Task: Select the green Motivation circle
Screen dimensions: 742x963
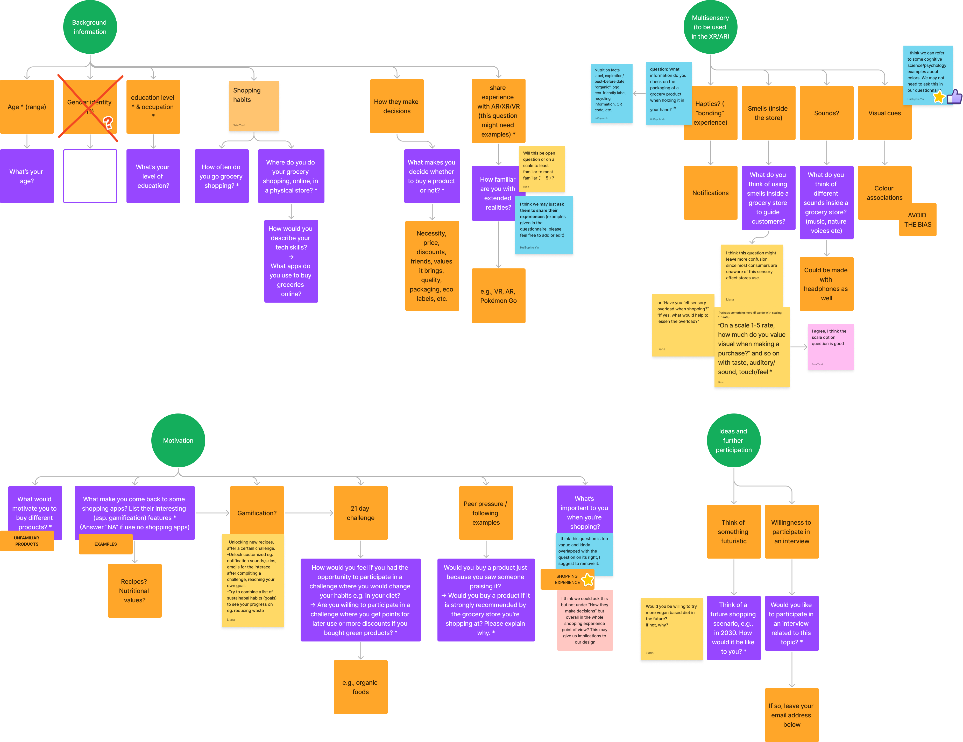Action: point(178,440)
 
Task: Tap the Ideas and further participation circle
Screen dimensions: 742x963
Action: point(733,440)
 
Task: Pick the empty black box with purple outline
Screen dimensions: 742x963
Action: point(90,176)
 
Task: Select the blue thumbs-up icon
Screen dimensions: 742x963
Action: point(954,97)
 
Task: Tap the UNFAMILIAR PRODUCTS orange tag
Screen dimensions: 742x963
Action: point(27,541)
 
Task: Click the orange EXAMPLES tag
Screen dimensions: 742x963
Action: point(106,544)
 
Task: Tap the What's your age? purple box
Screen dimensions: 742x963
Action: point(27,176)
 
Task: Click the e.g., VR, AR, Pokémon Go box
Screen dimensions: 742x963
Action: point(498,296)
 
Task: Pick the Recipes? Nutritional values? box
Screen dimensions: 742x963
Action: point(134,591)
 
